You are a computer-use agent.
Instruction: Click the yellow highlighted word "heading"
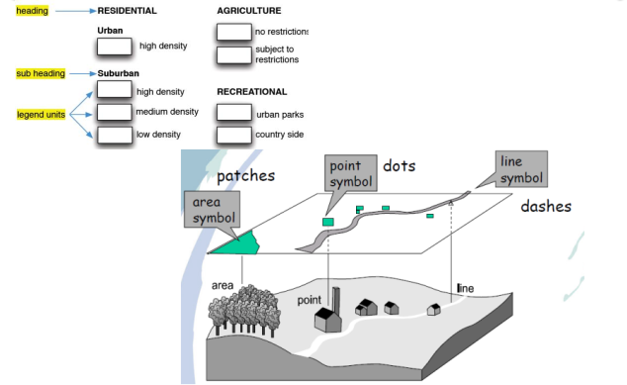coord(32,11)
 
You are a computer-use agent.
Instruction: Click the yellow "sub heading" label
coord(41,73)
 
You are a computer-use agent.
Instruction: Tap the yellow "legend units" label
coord(41,115)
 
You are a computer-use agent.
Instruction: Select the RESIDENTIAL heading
coord(128,11)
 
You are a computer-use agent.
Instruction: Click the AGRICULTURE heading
coord(249,11)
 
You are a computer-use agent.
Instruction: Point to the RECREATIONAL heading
coord(252,92)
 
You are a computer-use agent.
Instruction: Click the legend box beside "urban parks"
coord(234,113)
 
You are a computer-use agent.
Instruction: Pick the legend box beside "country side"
coord(234,135)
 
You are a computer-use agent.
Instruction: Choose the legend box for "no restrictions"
coord(234,32)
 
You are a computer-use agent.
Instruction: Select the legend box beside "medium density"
coord(115,112)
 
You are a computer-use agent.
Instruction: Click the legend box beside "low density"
coord(115,135)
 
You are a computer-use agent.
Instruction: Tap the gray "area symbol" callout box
coord(212,210)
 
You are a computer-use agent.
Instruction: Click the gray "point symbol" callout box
coord(351,173)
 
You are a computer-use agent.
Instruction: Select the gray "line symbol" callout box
coord(521,169)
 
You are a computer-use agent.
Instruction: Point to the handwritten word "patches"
coord(245,176)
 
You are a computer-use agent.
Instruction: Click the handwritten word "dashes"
coord(546,206)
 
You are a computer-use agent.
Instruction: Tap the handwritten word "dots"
coord(400,165)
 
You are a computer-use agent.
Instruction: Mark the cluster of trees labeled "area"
coord(244,310)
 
